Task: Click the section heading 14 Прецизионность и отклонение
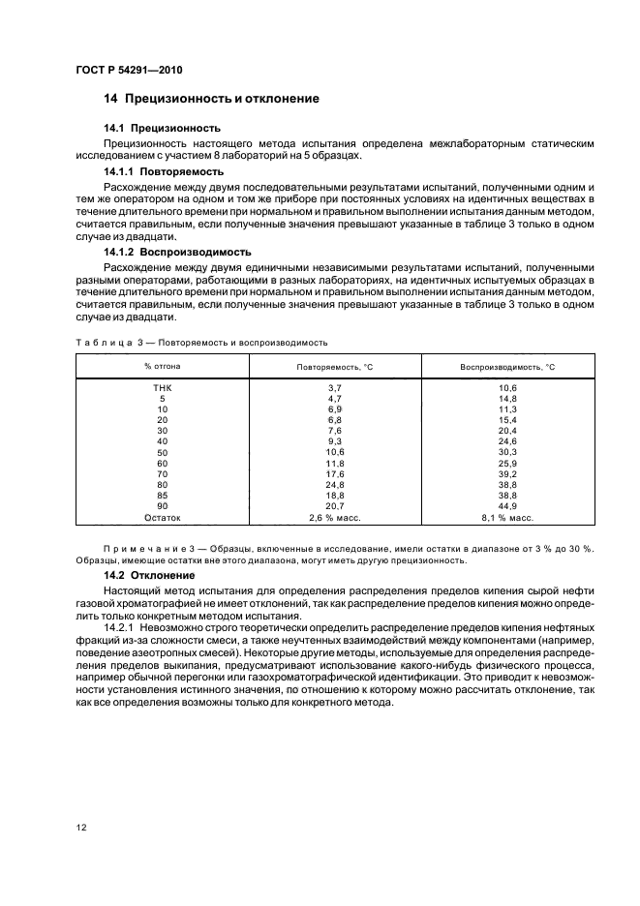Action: click(211, 99)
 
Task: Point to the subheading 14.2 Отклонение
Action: click(149, 575)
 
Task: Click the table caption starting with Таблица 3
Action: click(201, 342)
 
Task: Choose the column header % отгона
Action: click(162, 366)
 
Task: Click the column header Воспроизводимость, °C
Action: click(506, 367)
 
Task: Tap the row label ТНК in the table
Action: click(162, 388)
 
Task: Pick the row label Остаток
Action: click(162, 518)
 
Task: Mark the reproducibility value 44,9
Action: click(506, 506)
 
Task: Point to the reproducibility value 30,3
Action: click(506, 453)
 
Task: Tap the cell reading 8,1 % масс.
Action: click(506, 518)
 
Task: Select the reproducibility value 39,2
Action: click(506, 474)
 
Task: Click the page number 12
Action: click(81, 828)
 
